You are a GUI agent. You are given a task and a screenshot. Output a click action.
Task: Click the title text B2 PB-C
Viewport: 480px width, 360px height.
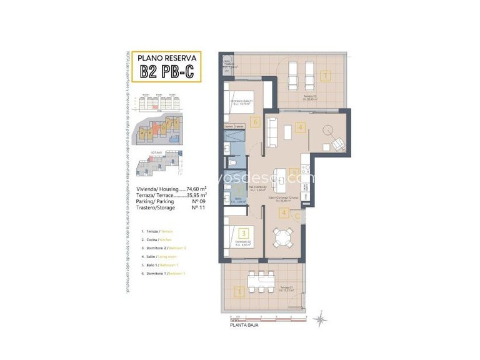(167, 71)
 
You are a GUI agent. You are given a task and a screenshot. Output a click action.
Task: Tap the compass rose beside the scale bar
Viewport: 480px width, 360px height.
(320, 318)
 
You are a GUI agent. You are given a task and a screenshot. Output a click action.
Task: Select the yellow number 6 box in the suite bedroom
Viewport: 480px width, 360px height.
(254, 122)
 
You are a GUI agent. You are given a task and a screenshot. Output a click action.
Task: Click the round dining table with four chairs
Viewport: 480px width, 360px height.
(284, 237)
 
